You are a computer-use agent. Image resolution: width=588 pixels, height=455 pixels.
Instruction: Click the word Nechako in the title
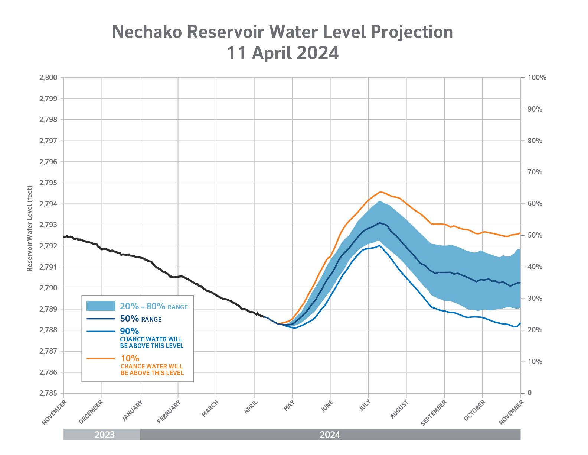(147, 32)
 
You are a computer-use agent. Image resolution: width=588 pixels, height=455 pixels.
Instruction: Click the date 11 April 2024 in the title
(282, 53)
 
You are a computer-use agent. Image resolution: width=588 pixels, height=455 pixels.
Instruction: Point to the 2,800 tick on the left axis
(48, 78)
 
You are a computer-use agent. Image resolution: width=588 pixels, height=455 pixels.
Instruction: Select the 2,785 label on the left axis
(48, 393)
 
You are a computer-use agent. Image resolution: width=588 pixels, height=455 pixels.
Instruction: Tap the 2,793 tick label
(48, 225)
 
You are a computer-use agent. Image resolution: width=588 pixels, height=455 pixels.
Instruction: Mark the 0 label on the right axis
(529, 393)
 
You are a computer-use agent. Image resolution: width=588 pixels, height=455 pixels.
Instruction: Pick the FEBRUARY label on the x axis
(169, 412)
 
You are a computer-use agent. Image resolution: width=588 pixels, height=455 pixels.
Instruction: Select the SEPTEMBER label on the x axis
(434, 413)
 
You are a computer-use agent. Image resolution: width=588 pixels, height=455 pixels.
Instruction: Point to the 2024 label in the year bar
(330, 435)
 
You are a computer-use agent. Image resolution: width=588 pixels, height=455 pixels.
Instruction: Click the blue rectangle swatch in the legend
(101, 306)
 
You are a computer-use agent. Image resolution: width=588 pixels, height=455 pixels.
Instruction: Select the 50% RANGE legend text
(141, 319)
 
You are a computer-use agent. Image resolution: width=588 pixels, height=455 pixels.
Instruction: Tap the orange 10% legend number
(130, 358)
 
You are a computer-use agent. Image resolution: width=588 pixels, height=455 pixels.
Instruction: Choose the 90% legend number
(129, 331)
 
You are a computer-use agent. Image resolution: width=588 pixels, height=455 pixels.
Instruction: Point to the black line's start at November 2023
(64, 236)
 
